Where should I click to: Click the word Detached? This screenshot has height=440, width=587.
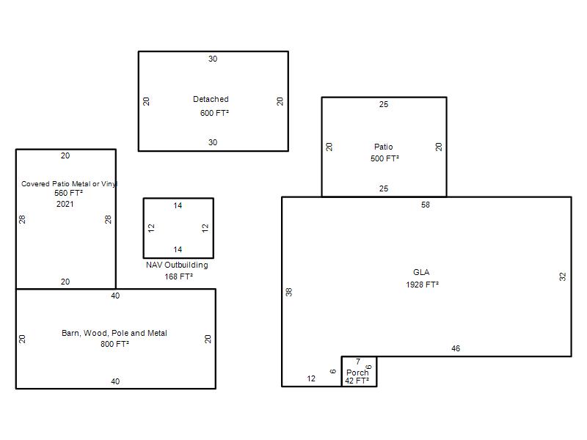pyautogui.click(x=211, y=99)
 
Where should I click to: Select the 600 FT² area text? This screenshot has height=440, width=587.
pyautogui.click(x=214, y=113)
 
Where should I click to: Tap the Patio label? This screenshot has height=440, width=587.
pyautogui.click(x=383, y=147)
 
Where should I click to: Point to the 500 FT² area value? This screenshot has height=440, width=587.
pyautogui.click(x=384, y=158)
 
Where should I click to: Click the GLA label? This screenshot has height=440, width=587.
pyautogui.click(x=421, y=272)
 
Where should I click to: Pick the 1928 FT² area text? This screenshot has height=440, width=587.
pyautogui.click(x=422, y=285)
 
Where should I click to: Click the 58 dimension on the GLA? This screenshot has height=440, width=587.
pyautogui.click(x=426, y=205)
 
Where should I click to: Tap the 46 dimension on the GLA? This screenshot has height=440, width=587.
pyautogui.click(x=456, y=348)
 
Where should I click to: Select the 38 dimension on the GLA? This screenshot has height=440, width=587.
pyautogui.click(x=289, y=292)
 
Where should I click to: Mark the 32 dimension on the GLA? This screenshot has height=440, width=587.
pyautogui.click(x=563, y=276)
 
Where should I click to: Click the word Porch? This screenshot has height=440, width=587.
pyautogui.click(x=357, y=373)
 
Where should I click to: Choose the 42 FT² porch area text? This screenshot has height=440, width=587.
pyautogui.click(x=357, y=381)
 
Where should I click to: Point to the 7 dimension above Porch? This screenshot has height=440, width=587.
pyautogui.click(x=358, y=362)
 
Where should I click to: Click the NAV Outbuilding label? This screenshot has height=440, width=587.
pyautogui.click(x=177, y=265)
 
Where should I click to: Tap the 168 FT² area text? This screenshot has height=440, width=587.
pyautogui.click(x=178, y=276)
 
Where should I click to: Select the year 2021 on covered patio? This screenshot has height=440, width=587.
pyautogui.click(x=65, y=204)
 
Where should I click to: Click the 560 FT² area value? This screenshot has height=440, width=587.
pyautogui.click(x=68, y=193)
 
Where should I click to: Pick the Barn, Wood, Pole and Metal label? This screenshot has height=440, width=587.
pyautogui.click(x=114, y=333)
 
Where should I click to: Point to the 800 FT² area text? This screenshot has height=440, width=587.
pyautogui.click(x=114, y=344)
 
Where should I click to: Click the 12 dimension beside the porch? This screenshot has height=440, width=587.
pyautogui.click(x=311, y=378)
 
